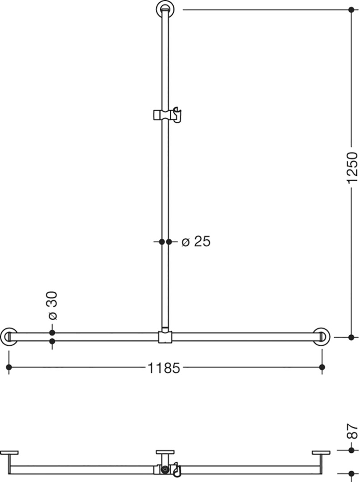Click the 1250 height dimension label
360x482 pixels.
352,167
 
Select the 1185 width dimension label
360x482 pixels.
163,368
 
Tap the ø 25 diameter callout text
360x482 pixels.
196,241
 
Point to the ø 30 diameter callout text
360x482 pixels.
53,306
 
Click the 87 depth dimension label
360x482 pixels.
352,431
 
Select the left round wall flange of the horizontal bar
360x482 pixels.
9,337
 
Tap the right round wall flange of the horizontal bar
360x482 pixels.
322,337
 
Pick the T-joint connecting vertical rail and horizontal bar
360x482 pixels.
165,337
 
